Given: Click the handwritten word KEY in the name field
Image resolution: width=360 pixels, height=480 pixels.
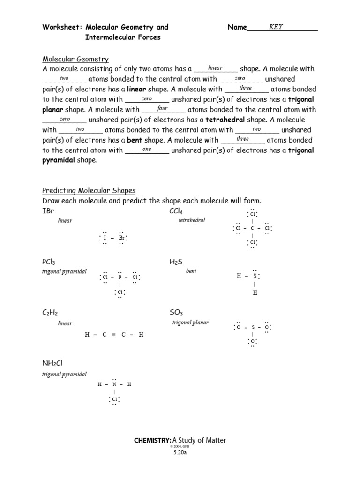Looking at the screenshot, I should pyautogui.click(x=276, y=27).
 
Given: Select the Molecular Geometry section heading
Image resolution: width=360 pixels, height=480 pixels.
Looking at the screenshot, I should pyautogui.click(x=75, y=59).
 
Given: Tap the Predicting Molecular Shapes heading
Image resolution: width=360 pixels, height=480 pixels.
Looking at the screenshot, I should pyautogui.click(x=89, y=190).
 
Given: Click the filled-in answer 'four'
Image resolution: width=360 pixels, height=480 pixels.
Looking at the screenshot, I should pyautogui.click(x=162, y=108).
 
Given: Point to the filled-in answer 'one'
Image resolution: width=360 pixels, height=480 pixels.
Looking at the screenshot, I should pyautogui.click(x=147, y=149).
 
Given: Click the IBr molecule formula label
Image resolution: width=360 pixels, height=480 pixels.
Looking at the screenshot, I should pyautogui.click(x=48, y=211).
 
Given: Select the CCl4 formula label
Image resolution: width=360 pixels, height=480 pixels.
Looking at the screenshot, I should pyautogui.click(x=176, y=211).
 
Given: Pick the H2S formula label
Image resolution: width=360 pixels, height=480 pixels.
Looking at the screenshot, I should pyautogui.click(x=175, y=262).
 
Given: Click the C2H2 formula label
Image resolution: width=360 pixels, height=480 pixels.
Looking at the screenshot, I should pyautogui.click(x=50, y=313).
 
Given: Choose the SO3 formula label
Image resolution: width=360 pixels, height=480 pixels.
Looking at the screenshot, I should pyautogui.click(x=176, y=313).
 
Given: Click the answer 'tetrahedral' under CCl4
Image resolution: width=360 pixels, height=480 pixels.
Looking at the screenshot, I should pyautogui.click(x=192, y=220).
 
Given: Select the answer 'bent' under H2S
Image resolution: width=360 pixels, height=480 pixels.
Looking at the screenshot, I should pyautogui.click(x=191, y=271).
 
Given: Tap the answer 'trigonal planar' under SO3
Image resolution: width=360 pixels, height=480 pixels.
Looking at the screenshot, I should pyautogui.click(x=190, y=322).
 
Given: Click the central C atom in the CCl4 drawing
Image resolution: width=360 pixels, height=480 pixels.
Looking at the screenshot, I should pyautogui.click(x=252, y=229).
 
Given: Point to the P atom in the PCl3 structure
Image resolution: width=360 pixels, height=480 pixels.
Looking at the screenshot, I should pyautogui.click(x=120, y=277).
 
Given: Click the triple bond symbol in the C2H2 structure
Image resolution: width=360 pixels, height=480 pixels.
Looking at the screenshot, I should pyautogui.click(x=114, y=335).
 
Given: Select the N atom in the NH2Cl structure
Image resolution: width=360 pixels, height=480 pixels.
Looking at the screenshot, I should pyautogui.click(x=114, y=384).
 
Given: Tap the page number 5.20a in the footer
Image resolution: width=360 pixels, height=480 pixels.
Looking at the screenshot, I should pyautogui.click(x=180, y=453).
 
